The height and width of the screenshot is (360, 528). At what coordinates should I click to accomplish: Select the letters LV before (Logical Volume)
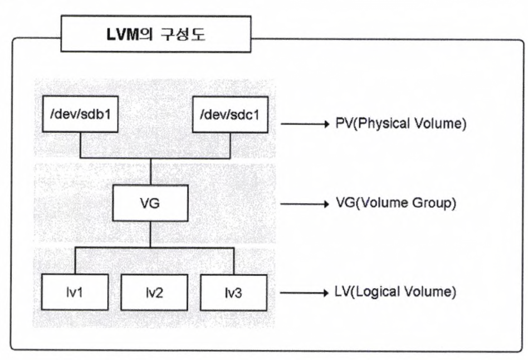point(345,293)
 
